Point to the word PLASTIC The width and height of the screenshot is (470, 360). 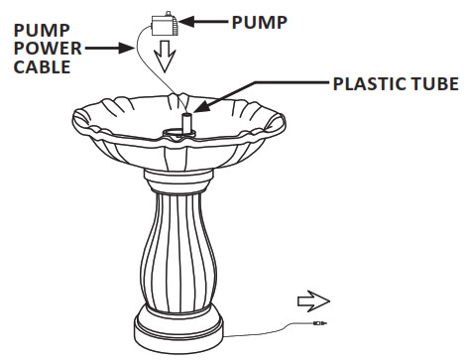tap(368, 86)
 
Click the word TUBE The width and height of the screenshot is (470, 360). tap(437, 86)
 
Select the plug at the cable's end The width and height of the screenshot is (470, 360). tap(318, 322)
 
